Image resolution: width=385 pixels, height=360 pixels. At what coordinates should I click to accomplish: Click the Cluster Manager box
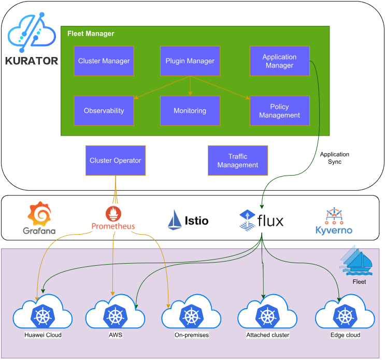(104, 61)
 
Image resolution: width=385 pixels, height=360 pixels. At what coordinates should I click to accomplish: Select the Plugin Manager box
(190, 61)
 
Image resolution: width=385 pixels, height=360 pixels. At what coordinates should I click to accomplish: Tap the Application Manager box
(279, 61)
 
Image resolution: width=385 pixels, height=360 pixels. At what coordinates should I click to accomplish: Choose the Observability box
(104, 110)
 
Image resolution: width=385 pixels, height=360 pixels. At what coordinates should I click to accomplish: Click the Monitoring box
(190, 110)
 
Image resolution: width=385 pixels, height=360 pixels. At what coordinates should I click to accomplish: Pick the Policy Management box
(279, 110)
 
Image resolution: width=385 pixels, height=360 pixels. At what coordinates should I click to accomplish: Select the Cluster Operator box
(115, 161)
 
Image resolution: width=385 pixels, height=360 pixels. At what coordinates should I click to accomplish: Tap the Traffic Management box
(237, 161)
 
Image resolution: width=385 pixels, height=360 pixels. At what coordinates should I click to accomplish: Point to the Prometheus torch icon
(113, 213)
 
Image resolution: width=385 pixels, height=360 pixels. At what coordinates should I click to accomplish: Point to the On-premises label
(192, 335)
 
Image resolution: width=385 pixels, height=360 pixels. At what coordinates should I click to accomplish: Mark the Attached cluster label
(267, 335)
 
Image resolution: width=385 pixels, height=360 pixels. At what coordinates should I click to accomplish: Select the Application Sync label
(334, 158)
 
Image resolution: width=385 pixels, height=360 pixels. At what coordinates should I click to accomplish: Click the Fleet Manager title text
(91, 34)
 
